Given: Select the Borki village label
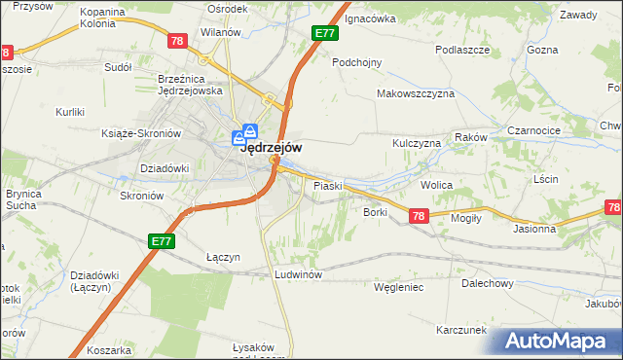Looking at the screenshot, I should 376,211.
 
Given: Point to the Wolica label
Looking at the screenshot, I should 437,183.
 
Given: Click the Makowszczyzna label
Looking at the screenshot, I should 416,93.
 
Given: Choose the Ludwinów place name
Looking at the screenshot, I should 298,274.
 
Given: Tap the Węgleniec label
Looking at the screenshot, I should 398,287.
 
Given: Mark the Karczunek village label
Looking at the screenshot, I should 461,330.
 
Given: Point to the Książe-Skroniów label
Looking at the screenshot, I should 142,133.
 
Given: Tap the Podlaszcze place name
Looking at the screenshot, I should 461,50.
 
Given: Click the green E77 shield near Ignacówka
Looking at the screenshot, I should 325,33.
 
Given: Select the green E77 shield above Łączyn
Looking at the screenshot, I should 163,239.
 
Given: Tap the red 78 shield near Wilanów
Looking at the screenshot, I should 176,41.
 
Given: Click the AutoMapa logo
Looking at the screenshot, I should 560,342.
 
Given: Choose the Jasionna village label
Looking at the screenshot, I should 534,229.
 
